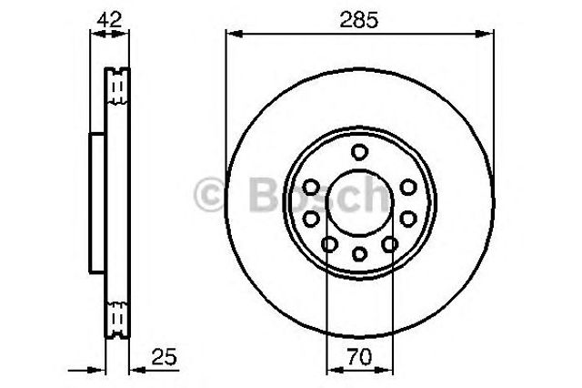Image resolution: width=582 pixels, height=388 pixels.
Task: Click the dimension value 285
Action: click(359, 19)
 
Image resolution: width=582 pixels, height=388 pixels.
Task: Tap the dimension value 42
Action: click(109, 19)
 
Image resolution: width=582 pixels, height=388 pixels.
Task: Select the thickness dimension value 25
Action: click(165, 357)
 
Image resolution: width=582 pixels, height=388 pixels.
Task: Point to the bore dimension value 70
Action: click(359, 357)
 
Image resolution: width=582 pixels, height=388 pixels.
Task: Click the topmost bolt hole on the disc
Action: click(359, 151)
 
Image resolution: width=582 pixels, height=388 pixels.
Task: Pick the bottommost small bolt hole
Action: click(359, 254)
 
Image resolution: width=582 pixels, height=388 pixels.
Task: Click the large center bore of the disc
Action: click(359, 203)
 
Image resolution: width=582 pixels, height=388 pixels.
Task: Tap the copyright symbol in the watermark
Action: click(210, 194)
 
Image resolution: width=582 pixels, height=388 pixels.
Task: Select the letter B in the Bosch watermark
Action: click(264, 194)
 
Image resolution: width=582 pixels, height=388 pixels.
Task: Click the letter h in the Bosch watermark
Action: click(375, 193)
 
